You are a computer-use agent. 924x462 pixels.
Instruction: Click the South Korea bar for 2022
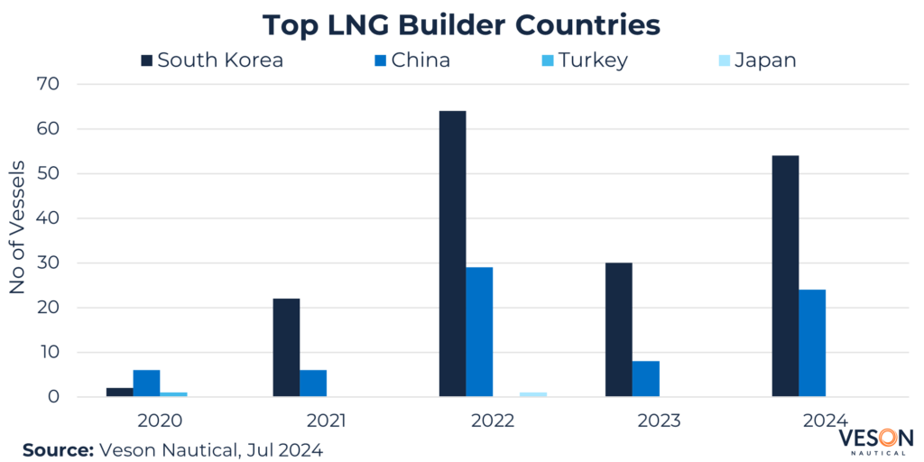pos(452,254)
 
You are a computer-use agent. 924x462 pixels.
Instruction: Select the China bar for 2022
pos(479,332)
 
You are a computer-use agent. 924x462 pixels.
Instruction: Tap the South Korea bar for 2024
pos(785,276)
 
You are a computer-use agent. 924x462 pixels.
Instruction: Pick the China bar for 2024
pos(812,343)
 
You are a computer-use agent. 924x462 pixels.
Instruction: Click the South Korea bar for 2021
pos(286,347)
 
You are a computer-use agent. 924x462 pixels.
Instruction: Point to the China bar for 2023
pos(646,379)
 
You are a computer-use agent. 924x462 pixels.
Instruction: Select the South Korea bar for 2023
pos(619,329)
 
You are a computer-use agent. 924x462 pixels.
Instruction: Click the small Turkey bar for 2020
pos(173,394)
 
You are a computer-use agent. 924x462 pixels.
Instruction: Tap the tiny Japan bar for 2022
pos(533,394)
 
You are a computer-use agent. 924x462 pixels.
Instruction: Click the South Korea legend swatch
pos(146,60)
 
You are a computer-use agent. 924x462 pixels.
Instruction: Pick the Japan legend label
pos(765,60)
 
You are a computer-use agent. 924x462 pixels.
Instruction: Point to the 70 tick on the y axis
pos(47,84)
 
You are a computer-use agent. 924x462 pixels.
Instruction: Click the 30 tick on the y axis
pos(47,263)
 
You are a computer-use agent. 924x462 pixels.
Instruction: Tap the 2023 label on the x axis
pos(660,420)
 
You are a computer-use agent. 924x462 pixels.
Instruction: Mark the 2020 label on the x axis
pos(160,420)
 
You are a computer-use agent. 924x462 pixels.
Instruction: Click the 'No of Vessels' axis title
pos(18,227)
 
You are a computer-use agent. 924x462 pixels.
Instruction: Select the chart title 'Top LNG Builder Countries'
pos(461,24)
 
